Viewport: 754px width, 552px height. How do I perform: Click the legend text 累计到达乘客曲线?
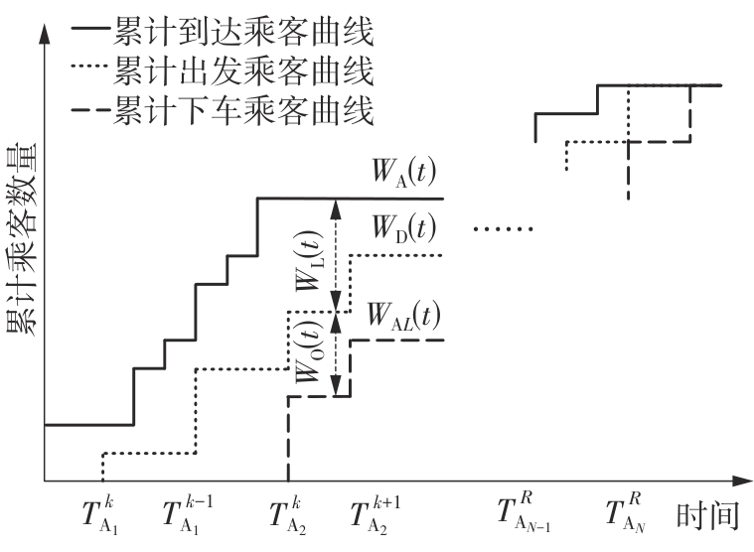pos(243,33)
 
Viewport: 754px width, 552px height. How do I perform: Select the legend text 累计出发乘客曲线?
pos(243,72)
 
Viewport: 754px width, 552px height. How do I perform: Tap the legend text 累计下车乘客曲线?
pos(243,112)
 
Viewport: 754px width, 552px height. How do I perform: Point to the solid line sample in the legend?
pos(91,33)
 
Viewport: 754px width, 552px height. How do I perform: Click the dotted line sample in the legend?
pos(91,73)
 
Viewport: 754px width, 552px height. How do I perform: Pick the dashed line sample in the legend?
pos(91,113)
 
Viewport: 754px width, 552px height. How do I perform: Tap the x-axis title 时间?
pos(709,516)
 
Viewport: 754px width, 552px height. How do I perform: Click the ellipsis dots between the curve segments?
pos(504,230)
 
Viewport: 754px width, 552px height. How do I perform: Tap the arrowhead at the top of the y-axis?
pos(44,27)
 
